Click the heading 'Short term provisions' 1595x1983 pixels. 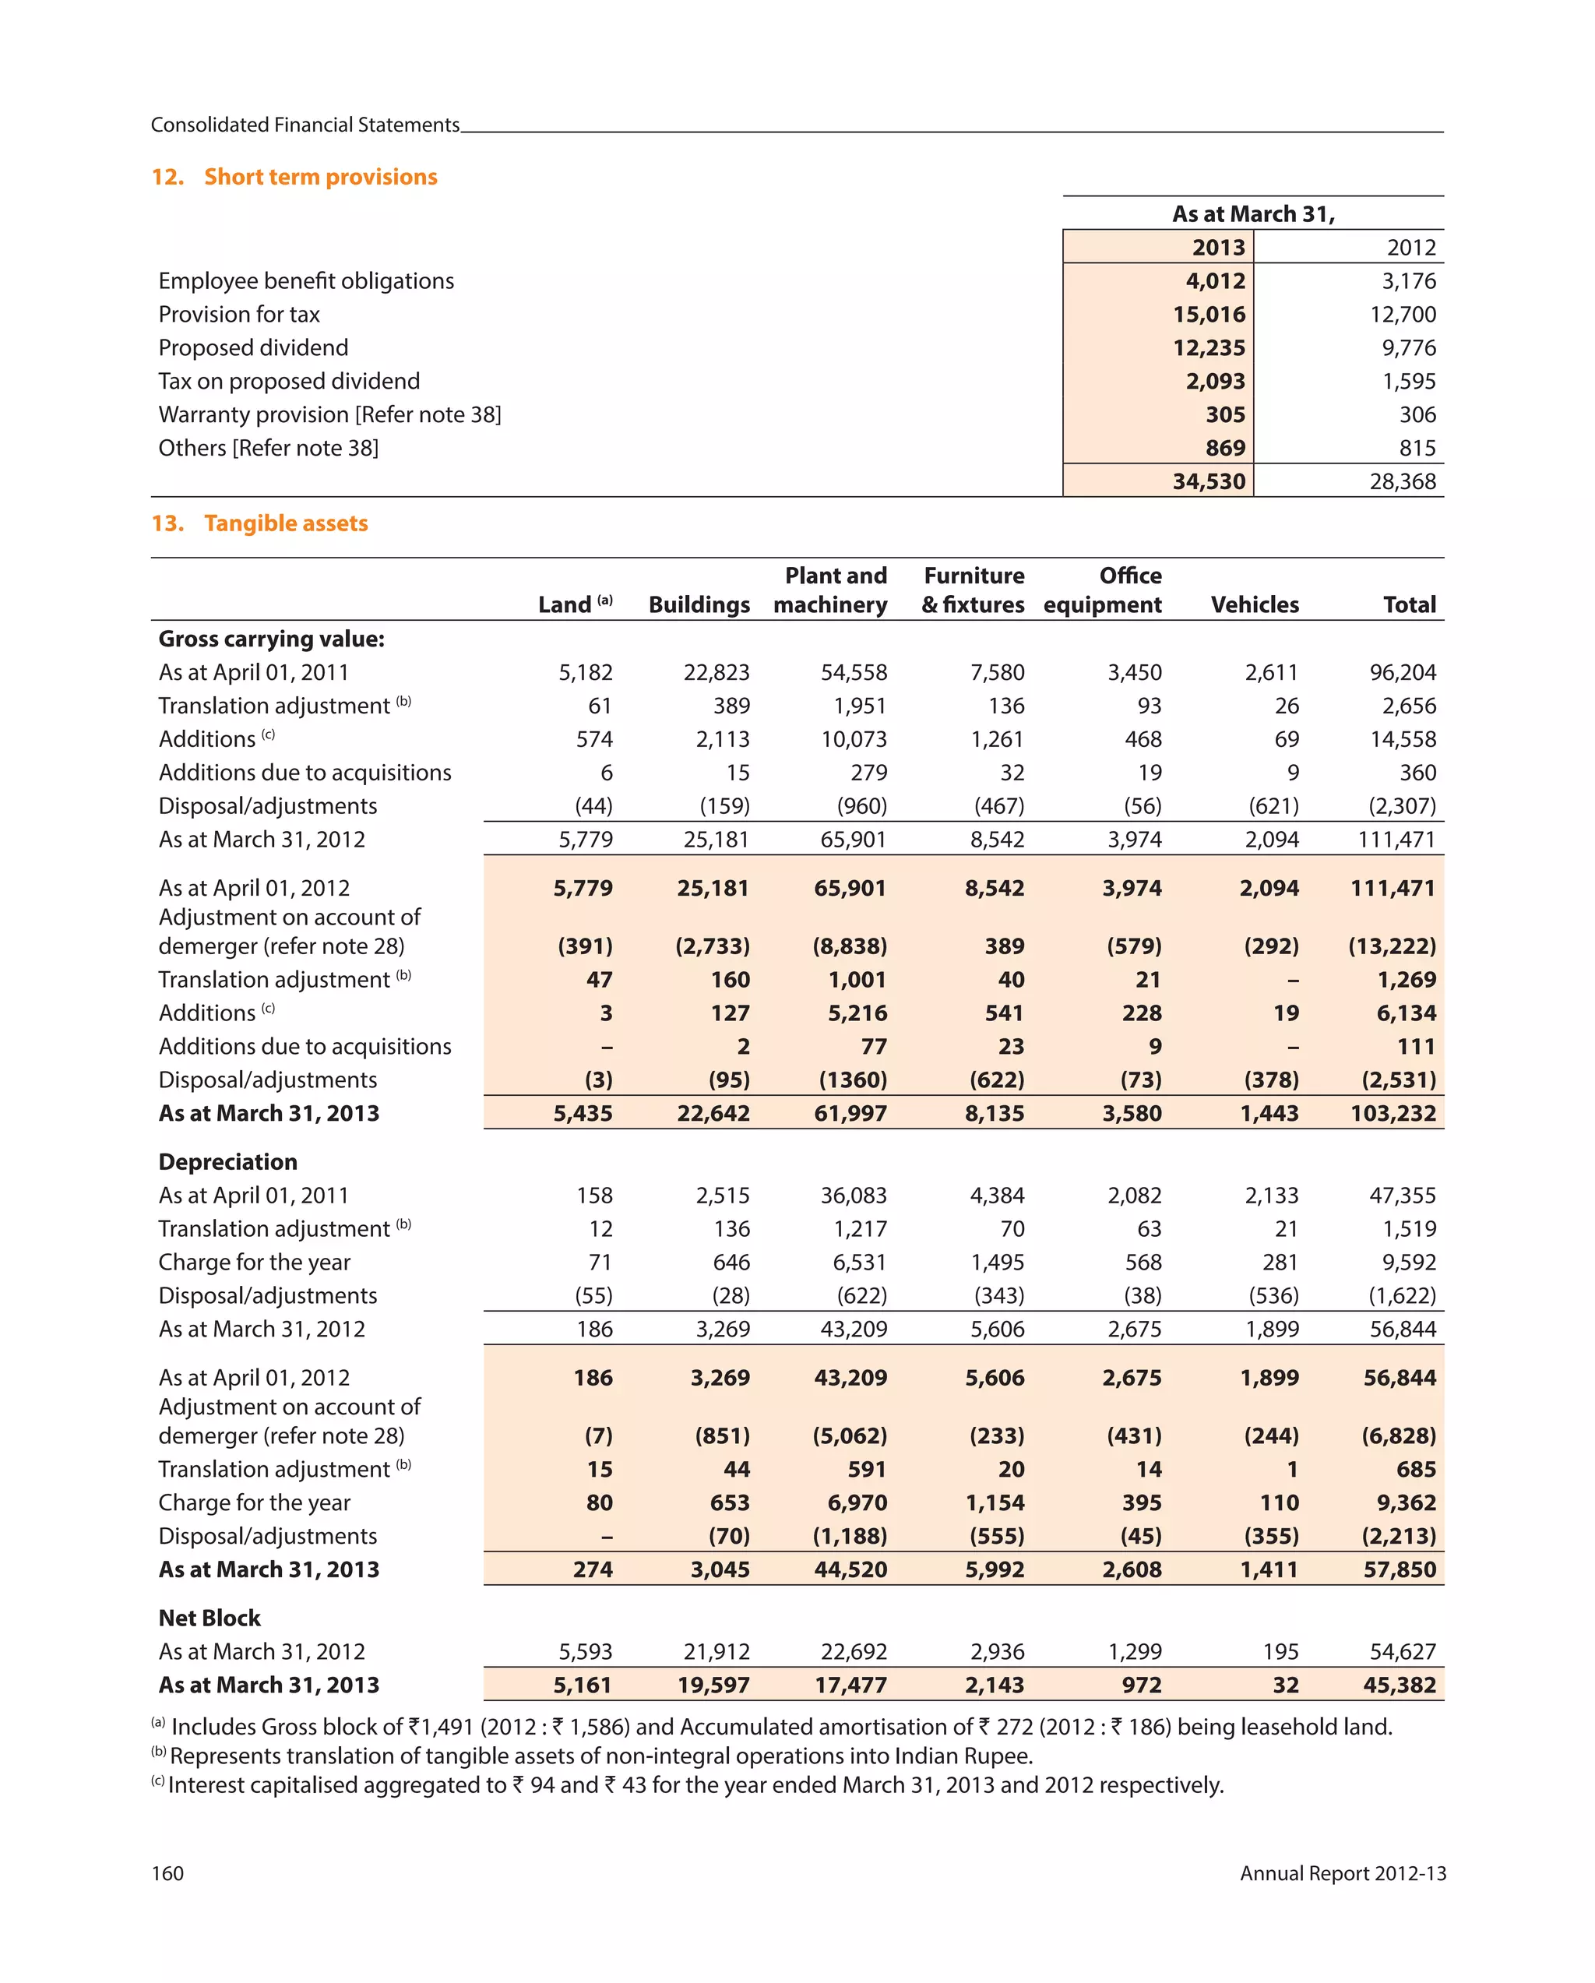pyautogui.click(x=320, y=177)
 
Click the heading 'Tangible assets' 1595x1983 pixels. pyautogui.click(x=285, y=523)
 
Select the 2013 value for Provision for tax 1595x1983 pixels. pyautogui.click(x=1208, y=315)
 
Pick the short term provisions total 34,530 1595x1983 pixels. pyautogui.click(x=1208, y=481)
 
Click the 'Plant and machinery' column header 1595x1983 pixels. pyautogui.click(x=831, y=590)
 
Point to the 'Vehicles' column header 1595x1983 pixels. pyautogui.click(x=1254, y=604)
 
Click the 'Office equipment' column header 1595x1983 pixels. pyautogui.click(x=1103, y=590)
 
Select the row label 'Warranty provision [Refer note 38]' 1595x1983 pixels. pyautogui.click(x=329, y=415)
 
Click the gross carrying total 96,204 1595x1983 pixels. pyautogui.click(x=1402, y=672)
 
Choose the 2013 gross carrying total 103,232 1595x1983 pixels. pyautogui.click(x=1393, y=1113)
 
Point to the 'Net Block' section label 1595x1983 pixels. pyautogui.click(x=209, y=1618)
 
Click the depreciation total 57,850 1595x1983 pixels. pyautogui.click(x=1399, y=1569)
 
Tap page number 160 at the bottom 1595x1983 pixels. pyautogui.click(x=167, y=1873)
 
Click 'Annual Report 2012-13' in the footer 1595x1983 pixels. pyautogui.click(x=1342, y=1873)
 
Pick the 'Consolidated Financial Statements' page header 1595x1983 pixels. pyautogui.click(x=305, y=125)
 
